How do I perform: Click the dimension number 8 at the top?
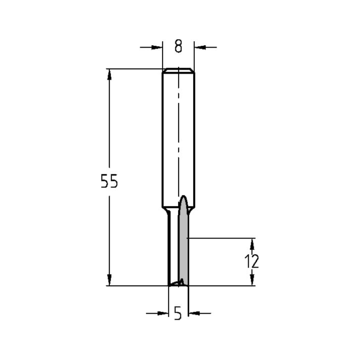pos(178,47)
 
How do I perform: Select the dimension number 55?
pos(109,182)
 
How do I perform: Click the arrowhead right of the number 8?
pos(200,47)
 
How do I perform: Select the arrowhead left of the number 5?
pos(163,314)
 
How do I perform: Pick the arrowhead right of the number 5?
pos(194,314)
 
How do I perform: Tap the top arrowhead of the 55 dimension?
pos(109,74)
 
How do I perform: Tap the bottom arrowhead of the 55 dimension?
pos(109,280)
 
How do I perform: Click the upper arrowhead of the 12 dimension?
pos(252,244)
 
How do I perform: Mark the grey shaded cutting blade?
pos(183,245)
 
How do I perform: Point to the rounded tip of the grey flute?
pos(184,198)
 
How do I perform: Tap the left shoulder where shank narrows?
pos(166,211)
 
